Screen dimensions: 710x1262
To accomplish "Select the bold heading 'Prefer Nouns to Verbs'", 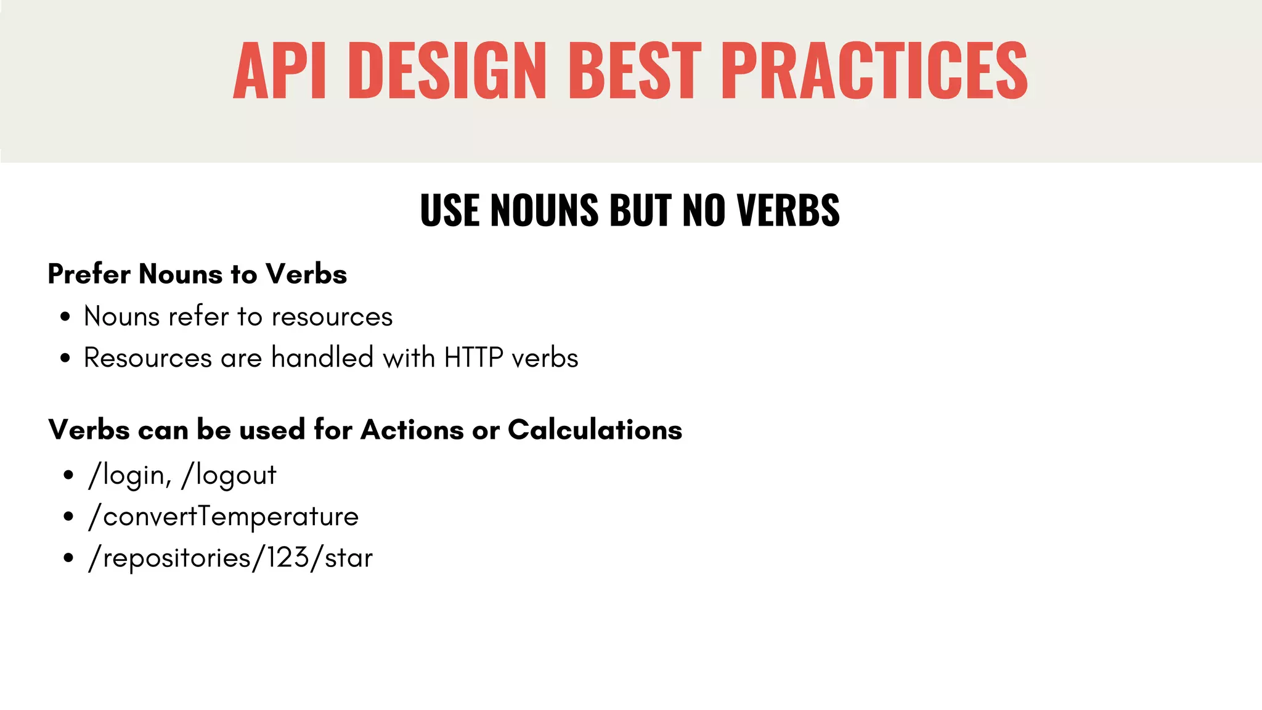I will [197, 274].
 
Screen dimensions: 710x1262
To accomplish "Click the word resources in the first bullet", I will [332, 317].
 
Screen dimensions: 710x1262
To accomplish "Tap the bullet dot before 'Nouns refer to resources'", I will [65, 317].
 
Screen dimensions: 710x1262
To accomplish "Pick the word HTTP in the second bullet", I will [473, 358].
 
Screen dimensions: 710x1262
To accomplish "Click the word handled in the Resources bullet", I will [322, 358].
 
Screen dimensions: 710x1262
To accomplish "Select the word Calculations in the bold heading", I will [595, 430].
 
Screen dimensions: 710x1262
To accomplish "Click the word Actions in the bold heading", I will [412, 430].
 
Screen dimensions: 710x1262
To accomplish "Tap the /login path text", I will [128, 475].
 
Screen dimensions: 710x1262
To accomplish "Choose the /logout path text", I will [229, 475].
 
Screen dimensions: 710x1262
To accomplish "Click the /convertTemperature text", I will [224, 516].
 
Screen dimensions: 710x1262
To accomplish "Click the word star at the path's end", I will [348, 558].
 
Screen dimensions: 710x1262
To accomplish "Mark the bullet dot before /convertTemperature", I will [68, 516].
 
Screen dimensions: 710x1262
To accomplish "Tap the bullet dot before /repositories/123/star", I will [68, 558].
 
